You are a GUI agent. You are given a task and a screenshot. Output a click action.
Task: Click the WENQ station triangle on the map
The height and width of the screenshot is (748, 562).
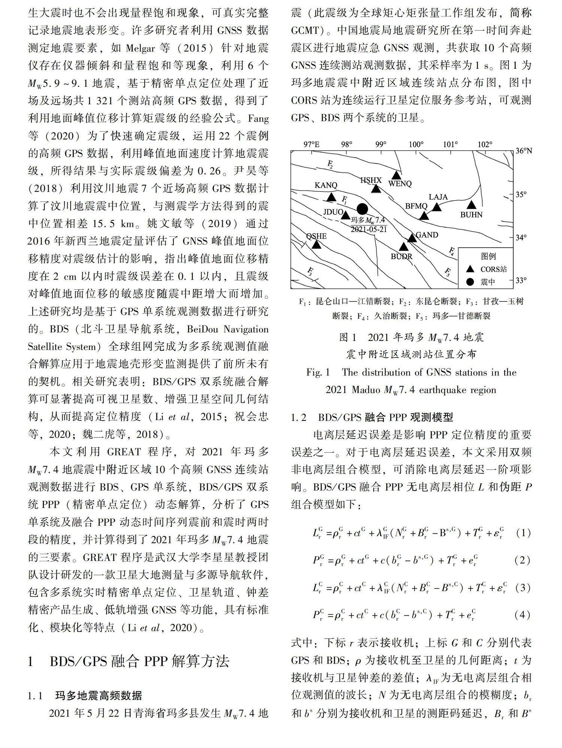396,175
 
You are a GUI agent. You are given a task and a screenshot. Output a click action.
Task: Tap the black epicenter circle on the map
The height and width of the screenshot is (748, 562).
362,209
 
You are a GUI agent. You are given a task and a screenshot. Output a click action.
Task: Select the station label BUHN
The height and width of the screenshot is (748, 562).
471,215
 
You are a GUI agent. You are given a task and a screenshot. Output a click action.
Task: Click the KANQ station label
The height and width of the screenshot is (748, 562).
326,185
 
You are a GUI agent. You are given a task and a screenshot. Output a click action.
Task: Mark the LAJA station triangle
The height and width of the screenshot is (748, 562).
436,207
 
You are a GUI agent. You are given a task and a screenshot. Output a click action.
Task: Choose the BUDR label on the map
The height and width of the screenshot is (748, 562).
401,257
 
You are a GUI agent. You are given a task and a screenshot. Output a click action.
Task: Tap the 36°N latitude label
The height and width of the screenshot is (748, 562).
524,151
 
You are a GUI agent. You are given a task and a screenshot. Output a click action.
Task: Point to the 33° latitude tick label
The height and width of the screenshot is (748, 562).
521,280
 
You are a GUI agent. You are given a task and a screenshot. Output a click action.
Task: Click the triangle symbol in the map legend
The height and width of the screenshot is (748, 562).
470,269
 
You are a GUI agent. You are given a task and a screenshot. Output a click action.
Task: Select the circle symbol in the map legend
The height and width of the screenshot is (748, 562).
470,282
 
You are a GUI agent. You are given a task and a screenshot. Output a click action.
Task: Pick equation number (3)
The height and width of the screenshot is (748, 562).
523,588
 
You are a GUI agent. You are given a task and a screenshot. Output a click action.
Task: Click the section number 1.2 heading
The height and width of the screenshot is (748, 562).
299,417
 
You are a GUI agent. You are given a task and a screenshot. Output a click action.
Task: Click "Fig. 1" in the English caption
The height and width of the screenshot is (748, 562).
318,373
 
